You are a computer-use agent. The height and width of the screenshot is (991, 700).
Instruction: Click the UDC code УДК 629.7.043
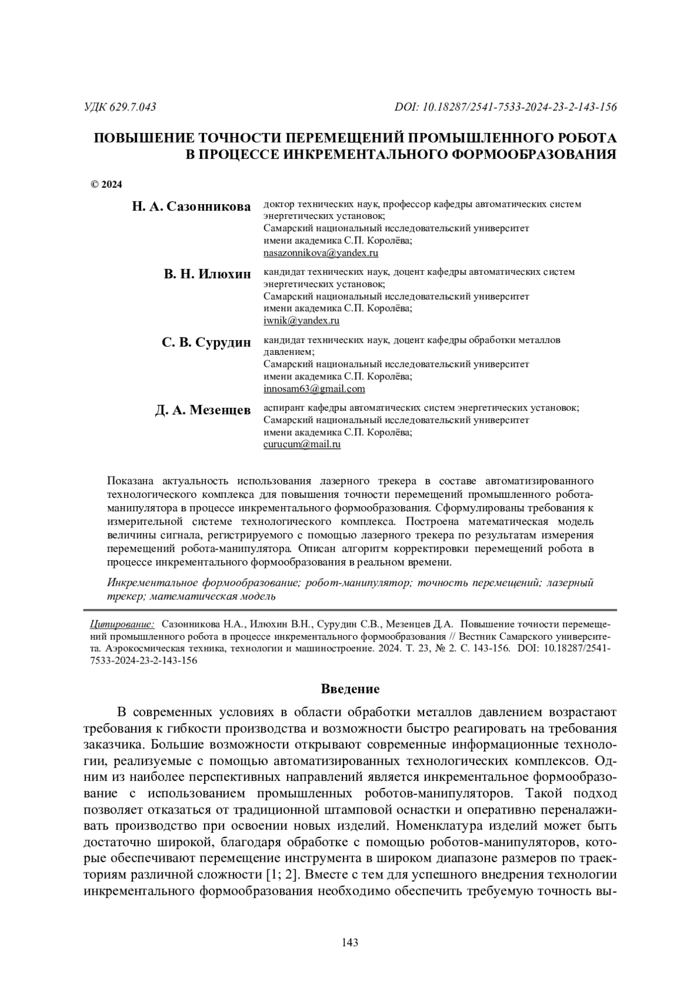[120, 107]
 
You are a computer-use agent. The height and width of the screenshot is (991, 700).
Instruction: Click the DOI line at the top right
[506, 107]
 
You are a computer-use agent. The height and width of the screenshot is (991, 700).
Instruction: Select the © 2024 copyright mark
[107, 185]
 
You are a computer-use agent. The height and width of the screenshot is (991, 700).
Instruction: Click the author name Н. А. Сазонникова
[191, 207]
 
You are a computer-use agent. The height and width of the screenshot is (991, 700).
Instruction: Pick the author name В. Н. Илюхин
[207, 274]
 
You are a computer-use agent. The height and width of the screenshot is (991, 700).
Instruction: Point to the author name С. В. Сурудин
[206, 343]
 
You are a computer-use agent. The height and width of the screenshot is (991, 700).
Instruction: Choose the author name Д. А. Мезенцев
[202, 410]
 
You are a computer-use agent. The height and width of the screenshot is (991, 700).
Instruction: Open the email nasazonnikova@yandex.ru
[321, 253]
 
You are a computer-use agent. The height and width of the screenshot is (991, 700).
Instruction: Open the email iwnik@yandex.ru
[302, 320]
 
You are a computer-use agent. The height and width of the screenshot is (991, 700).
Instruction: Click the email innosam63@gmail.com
[314, 389]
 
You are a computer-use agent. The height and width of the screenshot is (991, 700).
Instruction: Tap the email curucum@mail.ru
[302, 444]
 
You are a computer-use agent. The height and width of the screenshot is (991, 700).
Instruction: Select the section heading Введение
[350, 689]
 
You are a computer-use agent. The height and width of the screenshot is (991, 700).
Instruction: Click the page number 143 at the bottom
[349, 942]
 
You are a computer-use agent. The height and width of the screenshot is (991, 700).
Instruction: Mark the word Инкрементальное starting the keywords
[153, 583]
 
